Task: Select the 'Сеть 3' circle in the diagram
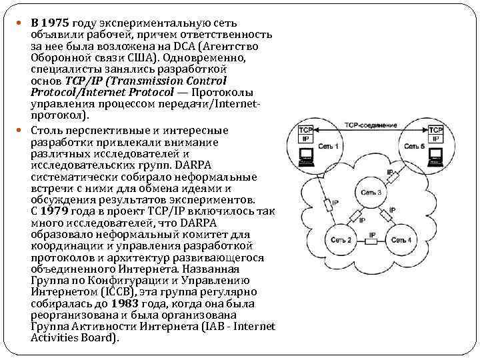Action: [x=371, y=193]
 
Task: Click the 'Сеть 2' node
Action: [x=341, y=239]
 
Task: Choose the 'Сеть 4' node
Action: [x=401, y=239]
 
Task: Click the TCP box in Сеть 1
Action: [x=306, y=130]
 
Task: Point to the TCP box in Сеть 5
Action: [x=435, y=130]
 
